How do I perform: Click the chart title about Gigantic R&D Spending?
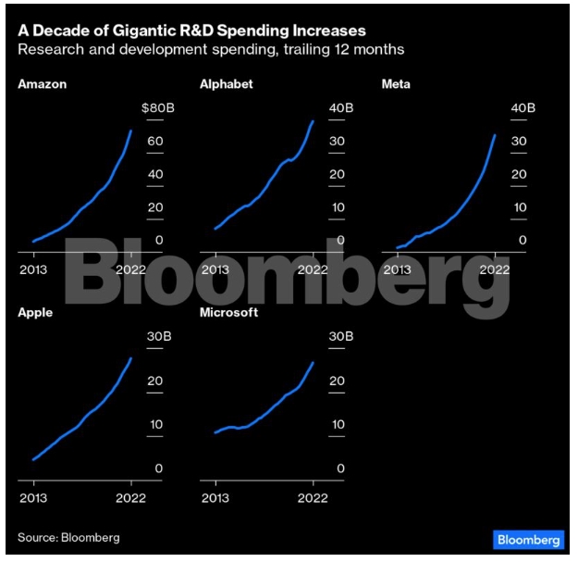tap(191, 31)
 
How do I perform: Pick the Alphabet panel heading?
tap(226, 85)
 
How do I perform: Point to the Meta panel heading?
tap(396, 85)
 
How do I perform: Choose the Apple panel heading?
tap(35, 313)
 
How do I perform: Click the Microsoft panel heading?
tap(228, 313)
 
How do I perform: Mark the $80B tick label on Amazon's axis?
tap(157, 108)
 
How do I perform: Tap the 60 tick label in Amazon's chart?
tap(157, 142)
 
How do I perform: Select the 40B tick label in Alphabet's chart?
tap(341, 108)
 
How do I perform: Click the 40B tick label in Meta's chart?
tap(523, 108)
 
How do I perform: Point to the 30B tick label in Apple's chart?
tap(157, 336)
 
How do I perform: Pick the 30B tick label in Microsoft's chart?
tap(341, 336)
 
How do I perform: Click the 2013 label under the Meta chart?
tap(398, 269)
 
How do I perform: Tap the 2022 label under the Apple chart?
tap(131, 497)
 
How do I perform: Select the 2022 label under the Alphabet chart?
tap(314, 269)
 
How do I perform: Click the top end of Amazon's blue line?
tap(130, 131)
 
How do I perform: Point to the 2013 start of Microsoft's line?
tap(215, 432)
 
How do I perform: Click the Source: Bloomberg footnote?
tap(69, 537)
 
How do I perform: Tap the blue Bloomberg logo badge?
tap(527, 539)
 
